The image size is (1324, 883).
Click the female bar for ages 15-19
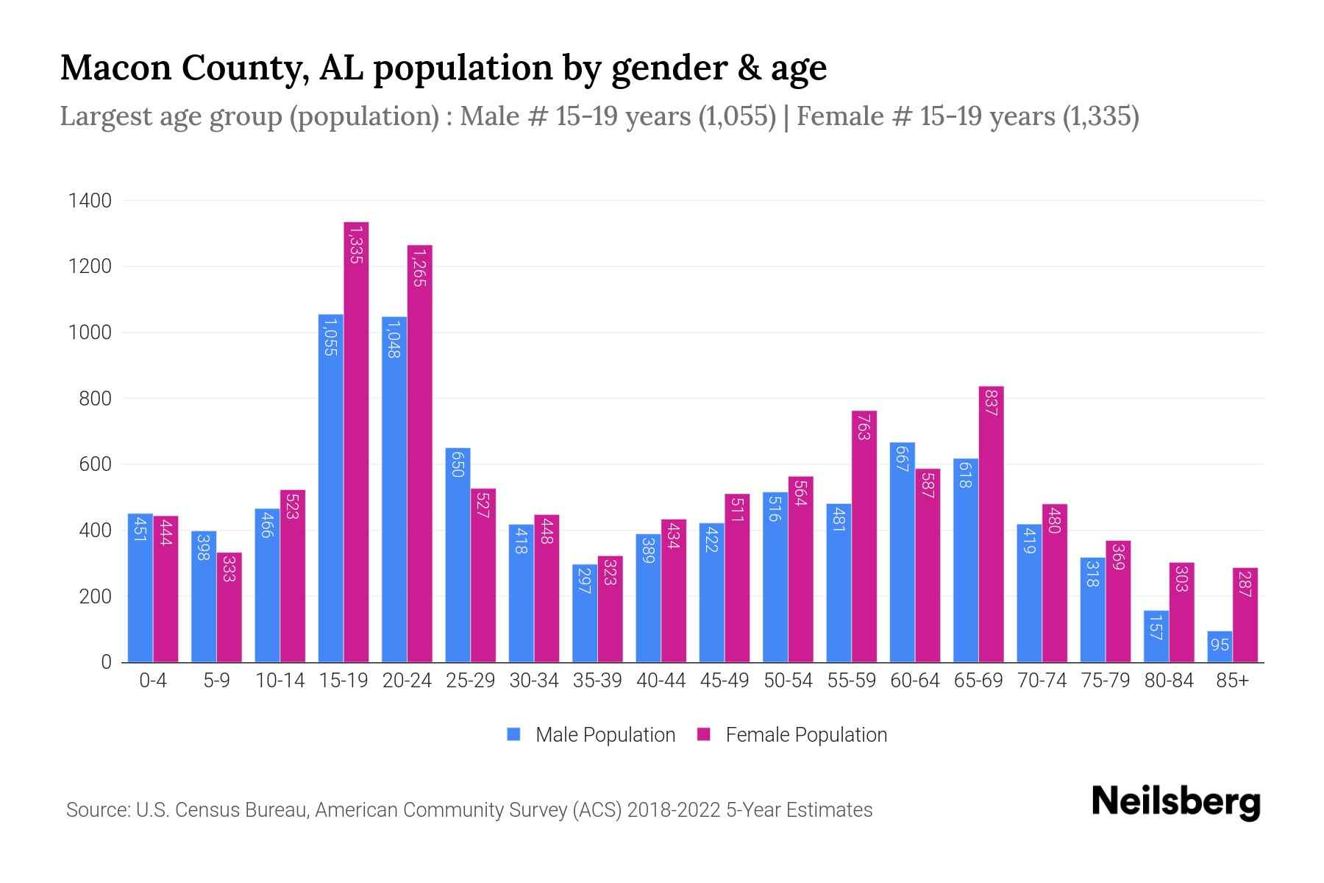(356, 441)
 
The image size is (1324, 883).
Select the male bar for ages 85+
(1220, 647)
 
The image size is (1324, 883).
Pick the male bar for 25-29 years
(458, 555)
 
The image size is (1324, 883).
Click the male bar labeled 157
(1156, 636)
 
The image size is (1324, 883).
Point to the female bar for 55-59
(864, 536)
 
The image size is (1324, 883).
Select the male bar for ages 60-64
(903, 552)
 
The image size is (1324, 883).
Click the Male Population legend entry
(591, 735)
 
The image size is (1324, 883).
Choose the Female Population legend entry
(792, 735)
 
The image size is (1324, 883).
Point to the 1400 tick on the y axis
(90, 201)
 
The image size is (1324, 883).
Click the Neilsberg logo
(1175, 802)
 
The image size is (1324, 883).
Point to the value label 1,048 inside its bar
(394, 339)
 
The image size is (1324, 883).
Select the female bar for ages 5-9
(229, 607)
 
